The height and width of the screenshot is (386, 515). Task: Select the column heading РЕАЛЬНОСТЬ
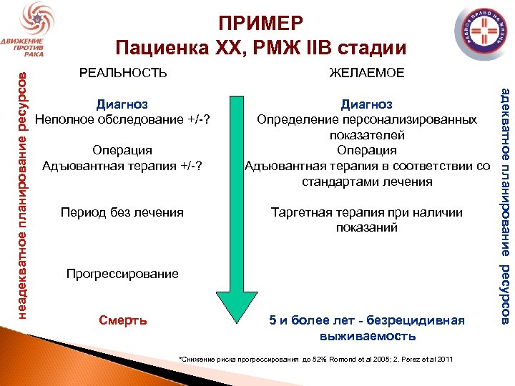pyautogui.click(x=123, y=73)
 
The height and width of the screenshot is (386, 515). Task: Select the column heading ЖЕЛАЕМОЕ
pyautogui.click(x=366, y=73)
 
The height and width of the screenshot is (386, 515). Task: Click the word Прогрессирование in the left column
pyautogui.click(x=122, y=274)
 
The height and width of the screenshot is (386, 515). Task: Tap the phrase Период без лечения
pyautogui.click(x=122, y=212)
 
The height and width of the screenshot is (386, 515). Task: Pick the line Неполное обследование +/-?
pyautogui.click(x=127, y=119)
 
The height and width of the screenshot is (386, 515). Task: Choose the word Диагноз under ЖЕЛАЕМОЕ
pyautogui.click(x=366, y=104)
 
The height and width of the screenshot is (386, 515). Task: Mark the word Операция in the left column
pyautogui.click(x=122, y=150)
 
